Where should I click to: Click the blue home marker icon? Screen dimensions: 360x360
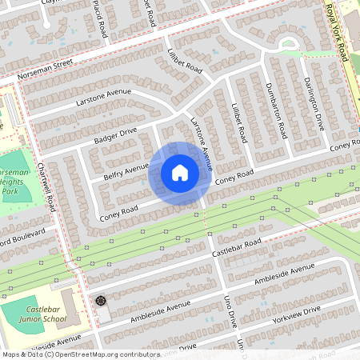pos(180,173)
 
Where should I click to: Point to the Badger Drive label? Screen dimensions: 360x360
pos(115,132)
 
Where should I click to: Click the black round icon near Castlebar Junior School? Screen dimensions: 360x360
pos(101,301)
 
